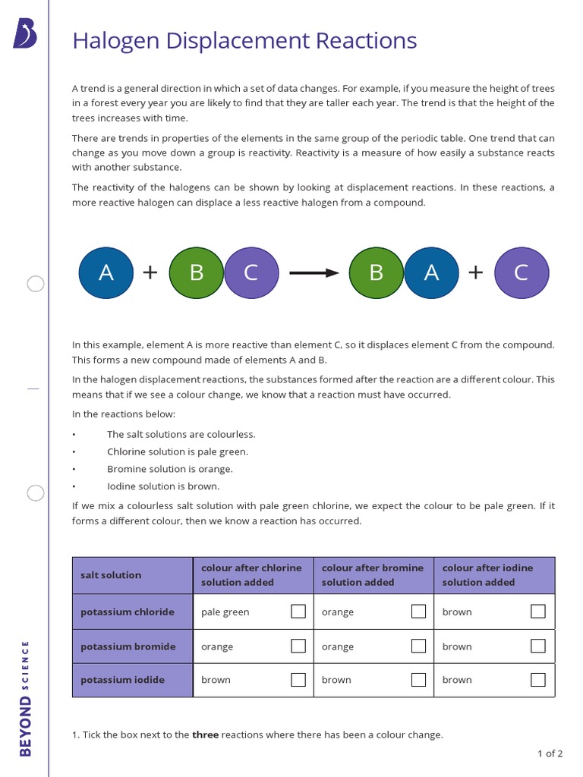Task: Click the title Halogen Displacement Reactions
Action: tap(244, 40)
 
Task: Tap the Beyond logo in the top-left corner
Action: tap(25, 34)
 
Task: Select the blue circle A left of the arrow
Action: tap(106, 272)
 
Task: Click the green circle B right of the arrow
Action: tap(376, 272)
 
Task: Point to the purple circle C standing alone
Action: tap(522, 272)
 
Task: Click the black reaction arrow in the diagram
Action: tap(314, 273)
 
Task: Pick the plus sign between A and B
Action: tap(150, 272)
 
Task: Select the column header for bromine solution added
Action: tap(373, 575)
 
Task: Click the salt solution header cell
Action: tap(111, 575)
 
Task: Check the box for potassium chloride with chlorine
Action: tap(298, 612)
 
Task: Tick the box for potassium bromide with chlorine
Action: tap(298, 646)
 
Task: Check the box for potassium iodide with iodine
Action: tap(538, 680)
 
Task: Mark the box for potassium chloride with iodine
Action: tap(538, 612)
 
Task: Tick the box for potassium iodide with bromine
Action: tap(418, 680)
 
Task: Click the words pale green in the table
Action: tap(225, 612)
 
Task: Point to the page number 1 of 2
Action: tap(550, 753)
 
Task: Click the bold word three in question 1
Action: tap(205, 735)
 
